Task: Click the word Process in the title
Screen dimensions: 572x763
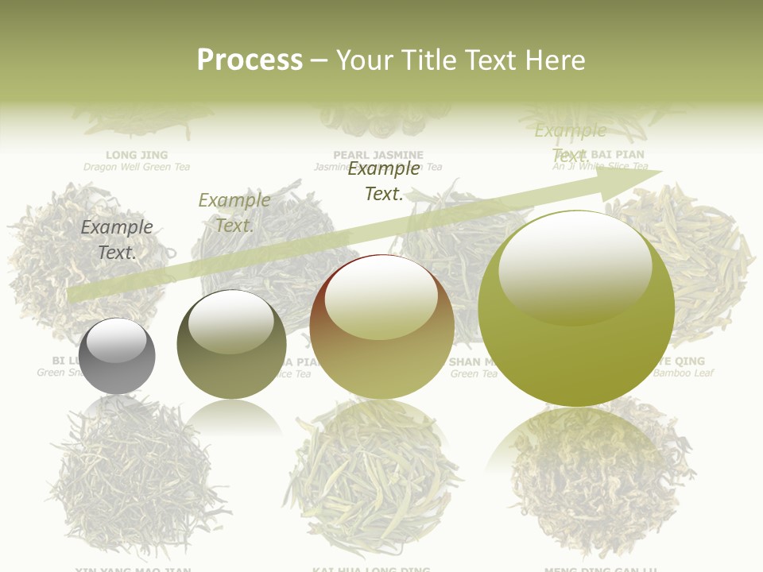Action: (250, 60)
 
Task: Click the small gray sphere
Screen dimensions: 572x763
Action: (117, 356)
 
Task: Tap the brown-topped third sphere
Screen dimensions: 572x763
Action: (381, 327)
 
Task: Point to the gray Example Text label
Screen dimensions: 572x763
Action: (117, 239)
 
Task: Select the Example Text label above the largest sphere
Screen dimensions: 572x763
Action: (570, 142)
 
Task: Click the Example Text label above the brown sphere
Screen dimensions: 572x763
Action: (384, 180)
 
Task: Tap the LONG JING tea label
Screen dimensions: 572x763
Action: (137, 155)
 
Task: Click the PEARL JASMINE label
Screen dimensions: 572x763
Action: (378, 155)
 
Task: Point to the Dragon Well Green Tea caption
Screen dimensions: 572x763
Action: (137, 167)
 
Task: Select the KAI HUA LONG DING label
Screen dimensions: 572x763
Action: (372, 569)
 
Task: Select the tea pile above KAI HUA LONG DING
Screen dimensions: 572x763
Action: (372, 485)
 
